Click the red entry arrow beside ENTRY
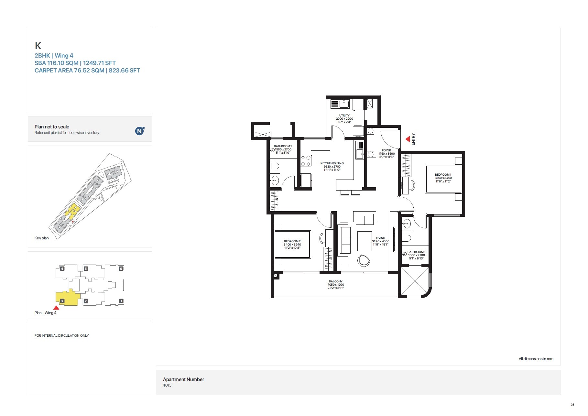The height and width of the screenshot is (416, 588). (408, 139)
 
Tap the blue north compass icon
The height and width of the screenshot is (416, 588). (139, 131)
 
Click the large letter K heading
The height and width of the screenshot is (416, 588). (38, 46)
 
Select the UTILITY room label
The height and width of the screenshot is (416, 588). (344, 115)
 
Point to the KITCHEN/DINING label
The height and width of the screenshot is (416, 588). (332, 163)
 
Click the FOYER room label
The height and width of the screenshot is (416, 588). (386, 150)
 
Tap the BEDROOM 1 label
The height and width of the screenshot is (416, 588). (443, 175)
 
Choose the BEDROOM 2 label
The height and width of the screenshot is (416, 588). (292, 241)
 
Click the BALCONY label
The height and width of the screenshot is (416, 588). (335, 281)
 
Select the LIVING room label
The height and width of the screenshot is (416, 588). (380, 238)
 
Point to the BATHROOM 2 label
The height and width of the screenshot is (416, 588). (283, 146)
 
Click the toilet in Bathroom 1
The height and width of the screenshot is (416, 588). (406, 238)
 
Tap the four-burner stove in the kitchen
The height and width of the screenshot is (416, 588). (306, 161)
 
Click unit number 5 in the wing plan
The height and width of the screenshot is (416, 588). (86, 268)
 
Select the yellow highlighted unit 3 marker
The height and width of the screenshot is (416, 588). (62, 301)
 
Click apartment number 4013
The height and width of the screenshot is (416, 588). (167, 385)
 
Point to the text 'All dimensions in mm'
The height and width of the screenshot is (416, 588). (536, 359)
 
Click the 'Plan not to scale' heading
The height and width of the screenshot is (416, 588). (52, 127)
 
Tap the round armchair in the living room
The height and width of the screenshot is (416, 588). (364, 260)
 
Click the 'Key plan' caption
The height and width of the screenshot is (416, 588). (41, 238)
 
